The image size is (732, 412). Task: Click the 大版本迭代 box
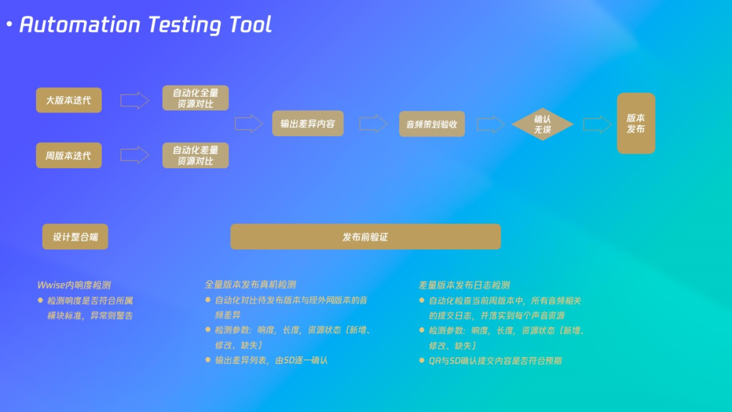[x=68, y=100]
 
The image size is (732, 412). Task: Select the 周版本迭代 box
[x=68, y=155]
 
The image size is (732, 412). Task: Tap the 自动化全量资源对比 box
[x=196, y=98]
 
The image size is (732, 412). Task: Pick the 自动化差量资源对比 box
[x=196, y=155]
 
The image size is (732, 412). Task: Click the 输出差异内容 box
[x=308, y=123]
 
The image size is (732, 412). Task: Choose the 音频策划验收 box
[x=432, y=124]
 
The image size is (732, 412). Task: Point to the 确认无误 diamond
[x=542, y=124]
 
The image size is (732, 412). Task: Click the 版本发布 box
[x=636, y=123]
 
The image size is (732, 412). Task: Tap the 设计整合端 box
[x=75, y=236]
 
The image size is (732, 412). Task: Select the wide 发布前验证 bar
[x=365, y=236]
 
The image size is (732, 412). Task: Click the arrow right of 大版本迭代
[x=134, y=100]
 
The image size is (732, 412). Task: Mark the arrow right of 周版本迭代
[x=134, y=155]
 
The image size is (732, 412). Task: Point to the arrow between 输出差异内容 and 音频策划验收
[x=373, y=123]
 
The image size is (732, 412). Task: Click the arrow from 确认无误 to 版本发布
[x=597, y=125]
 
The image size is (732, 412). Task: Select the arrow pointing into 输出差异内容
[x=249, y=123]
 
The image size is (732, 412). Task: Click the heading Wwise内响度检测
[x=74, y=285]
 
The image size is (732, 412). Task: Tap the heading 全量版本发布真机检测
[x=250, y=285]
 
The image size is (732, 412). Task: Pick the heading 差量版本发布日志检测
[x=464, y=285]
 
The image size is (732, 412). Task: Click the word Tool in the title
[x=250, y=24]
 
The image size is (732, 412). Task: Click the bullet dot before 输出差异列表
[x=208, y=360]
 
